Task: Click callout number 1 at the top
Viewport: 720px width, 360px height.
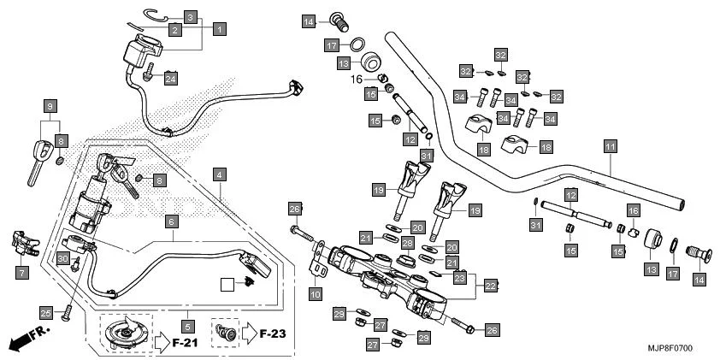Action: (219, 29)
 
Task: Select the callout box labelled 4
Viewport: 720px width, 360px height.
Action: (220, 174)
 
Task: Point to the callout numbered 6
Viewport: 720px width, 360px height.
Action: (172, 221)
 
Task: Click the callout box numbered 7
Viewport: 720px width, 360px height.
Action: (21, 273)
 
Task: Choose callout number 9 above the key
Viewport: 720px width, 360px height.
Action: (50, 106)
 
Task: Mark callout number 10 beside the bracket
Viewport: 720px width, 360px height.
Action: (316, 294)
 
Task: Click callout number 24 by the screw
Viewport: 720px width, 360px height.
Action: (170, 79)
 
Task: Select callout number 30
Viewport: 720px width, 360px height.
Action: (62, 257)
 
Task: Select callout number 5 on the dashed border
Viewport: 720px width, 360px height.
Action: (188, 325)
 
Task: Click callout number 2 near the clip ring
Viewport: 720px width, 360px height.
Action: (174, 31)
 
